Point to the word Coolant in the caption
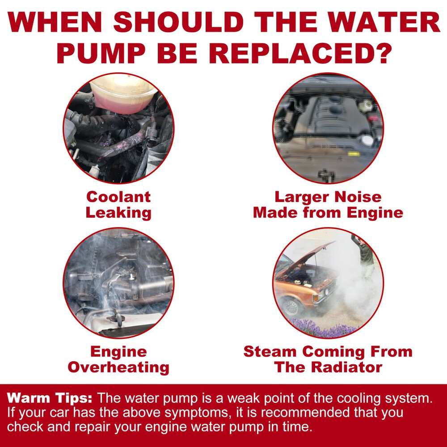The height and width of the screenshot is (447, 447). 118,197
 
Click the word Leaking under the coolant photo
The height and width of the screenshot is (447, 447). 118,213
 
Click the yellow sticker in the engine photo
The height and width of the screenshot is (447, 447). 353,154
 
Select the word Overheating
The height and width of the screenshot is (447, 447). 118,367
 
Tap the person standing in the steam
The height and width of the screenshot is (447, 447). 364,257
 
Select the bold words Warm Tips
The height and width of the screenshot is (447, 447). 50,398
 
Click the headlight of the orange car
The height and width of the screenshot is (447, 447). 327,291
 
